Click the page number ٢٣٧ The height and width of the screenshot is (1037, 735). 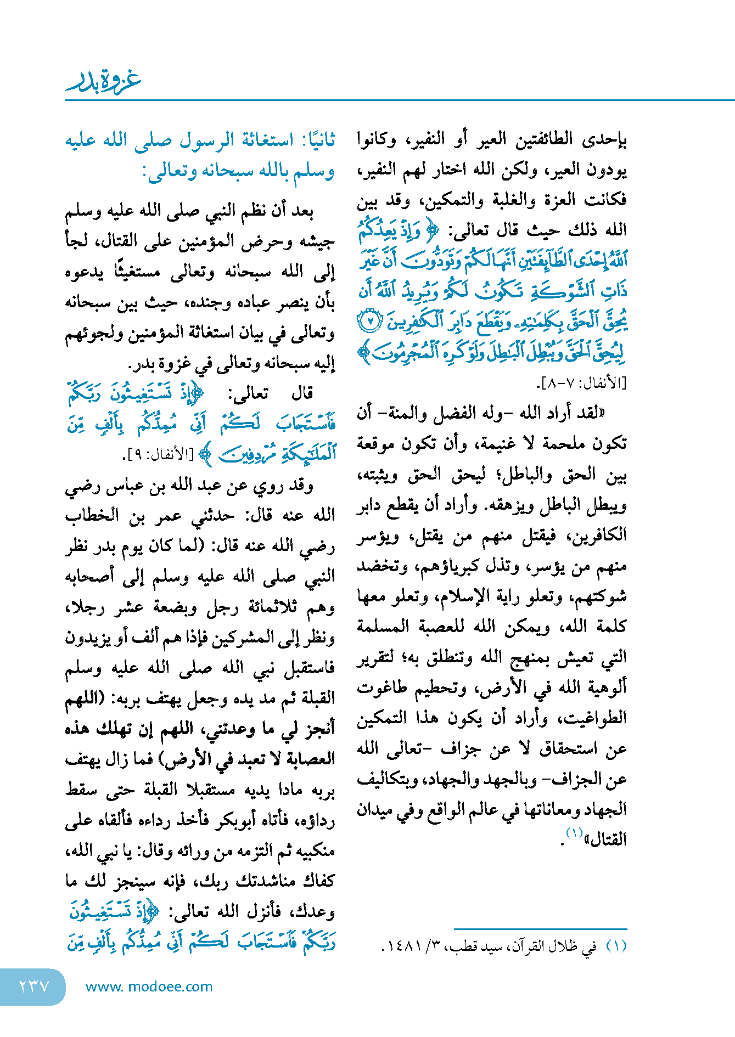[34, 986]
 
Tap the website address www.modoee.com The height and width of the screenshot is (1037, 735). [149, 987]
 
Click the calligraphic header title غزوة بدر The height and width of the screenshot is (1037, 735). [104, 82]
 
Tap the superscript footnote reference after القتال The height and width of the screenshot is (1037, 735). [574, 833]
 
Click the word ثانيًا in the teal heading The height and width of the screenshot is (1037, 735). [316, 140]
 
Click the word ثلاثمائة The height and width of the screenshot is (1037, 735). [248, 607]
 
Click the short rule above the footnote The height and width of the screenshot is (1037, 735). [540, 929]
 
